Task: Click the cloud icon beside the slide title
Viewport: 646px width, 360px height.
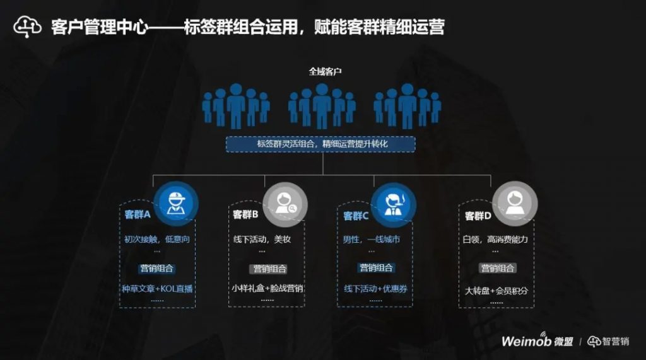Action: click(x=27, y=26)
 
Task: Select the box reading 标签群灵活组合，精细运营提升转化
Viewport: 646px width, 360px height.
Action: click(x=321, y=144)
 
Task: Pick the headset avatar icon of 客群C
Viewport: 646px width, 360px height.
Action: click(x=392, y=204)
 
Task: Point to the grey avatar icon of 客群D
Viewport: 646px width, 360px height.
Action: click(x=515, y=204)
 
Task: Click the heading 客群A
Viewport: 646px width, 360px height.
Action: click(x=138, y=214)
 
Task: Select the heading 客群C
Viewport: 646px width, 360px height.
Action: click(x=356, y=216)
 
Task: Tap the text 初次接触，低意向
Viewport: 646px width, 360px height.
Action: click(x=157, y=240)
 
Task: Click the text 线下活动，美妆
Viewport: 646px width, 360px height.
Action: click(x=262, y=240)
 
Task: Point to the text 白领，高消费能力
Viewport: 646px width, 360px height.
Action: click(x=495, y=240)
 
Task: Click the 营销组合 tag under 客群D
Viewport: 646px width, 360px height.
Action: click(x=498, y=268)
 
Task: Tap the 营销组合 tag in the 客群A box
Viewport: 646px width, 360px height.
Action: click(x=156, y=268)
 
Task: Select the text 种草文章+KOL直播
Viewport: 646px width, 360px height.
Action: click(x=157, y=289)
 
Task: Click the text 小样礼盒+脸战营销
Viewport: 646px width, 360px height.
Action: click(x=267, y=289)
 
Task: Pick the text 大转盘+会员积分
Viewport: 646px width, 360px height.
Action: click(x=496, y=291)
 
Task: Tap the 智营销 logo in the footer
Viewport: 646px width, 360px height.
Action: click(x=608, y=341)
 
